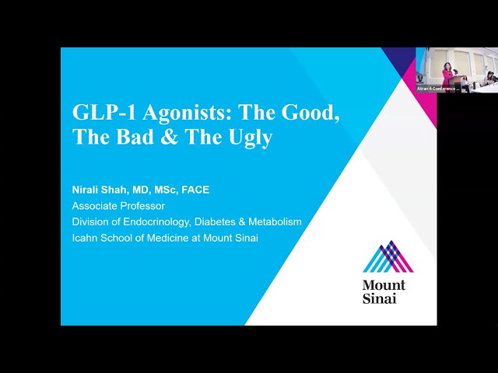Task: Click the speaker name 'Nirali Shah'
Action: pos(98,190)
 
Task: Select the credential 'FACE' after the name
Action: pos(195,190)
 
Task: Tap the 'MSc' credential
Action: pos(163,190)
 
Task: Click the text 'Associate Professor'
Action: pos(118,206)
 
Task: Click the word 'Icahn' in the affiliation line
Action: pos(85,238)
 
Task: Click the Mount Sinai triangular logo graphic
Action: pos(388,257)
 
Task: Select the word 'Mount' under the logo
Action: pos(384,285)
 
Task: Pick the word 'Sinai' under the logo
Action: pos(379,298)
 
